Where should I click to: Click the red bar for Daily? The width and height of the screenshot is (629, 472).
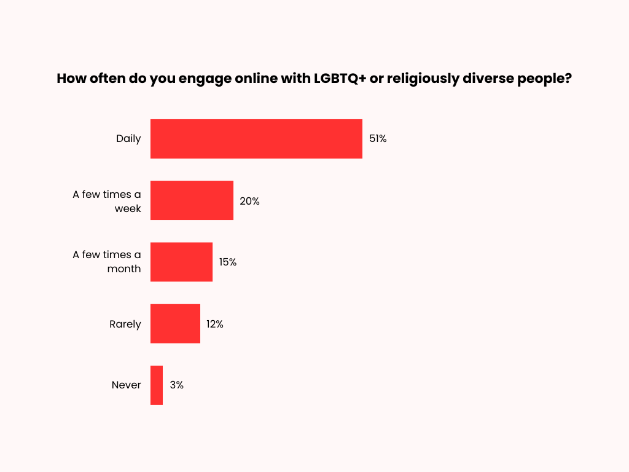pyautogui.click(x=256, y=139)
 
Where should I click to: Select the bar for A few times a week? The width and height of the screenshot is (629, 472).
pyautogui.click(x=192, y=200)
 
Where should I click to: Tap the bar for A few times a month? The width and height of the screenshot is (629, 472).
pyautogui.click(x=181, y=262)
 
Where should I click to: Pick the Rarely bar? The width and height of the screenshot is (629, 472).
pyautogui.click(x=175, y=324)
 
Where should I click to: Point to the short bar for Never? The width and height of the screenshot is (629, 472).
pyautogui.click(x=157, y=385)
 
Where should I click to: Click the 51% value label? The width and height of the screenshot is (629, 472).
pyautogui.click(x=378, y=139)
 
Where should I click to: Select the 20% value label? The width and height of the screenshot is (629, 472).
pyautogui.click(x=249, y=201)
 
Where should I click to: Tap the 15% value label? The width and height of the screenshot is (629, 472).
pyautogui.click(x=228, y=262)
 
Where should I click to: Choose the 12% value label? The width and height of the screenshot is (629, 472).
pyautogui.click(x=215, y=324)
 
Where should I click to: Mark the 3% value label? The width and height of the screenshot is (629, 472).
pyautogui.click(x=177, y=385)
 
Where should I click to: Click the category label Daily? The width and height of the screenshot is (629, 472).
pyautogui.click(x=128, y=139)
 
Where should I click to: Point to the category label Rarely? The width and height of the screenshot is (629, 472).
pyautogui.click(x=125, y=324)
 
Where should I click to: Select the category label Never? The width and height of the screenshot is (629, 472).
pyautogui.click(x=127, y=385)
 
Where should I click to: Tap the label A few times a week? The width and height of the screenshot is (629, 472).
pyautogui.click(x=107, y=201)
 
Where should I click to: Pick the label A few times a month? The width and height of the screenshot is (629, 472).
pyautogui.click(x=107, y=262)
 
